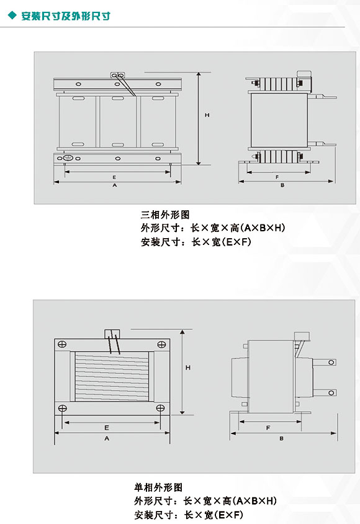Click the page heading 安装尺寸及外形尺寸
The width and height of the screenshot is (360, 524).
[x=66, y=16]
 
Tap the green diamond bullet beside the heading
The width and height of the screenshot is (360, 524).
[x=12, y=16]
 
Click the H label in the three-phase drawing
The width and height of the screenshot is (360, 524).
[x=207, y=115]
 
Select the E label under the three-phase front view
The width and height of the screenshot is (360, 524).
[x=114, y=177]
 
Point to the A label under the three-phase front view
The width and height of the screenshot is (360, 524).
[x=114, y=185]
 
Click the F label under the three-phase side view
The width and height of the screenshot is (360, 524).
[x=277, y=177]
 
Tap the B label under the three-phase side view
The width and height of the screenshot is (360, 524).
[x=282, y=185]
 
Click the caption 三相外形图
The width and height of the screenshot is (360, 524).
[x=165, y=215]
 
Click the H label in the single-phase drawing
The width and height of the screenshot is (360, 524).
[x=188, y=368]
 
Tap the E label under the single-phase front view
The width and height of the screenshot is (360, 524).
[x=107, y=428]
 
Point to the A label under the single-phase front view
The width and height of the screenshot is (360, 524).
[x=107, y=438]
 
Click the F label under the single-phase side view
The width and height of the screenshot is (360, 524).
[x=268, y=428]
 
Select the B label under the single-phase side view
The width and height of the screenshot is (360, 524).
[x=281, y=438]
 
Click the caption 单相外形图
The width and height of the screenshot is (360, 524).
[x=158, y=487]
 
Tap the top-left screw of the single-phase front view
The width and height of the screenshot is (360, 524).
[x=62, y=344]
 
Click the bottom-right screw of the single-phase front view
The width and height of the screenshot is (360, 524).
[x=161, y=408]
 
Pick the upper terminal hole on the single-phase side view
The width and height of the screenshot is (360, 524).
[x=331, y=362]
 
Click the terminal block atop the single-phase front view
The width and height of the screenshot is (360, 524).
[x=112, y=334]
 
